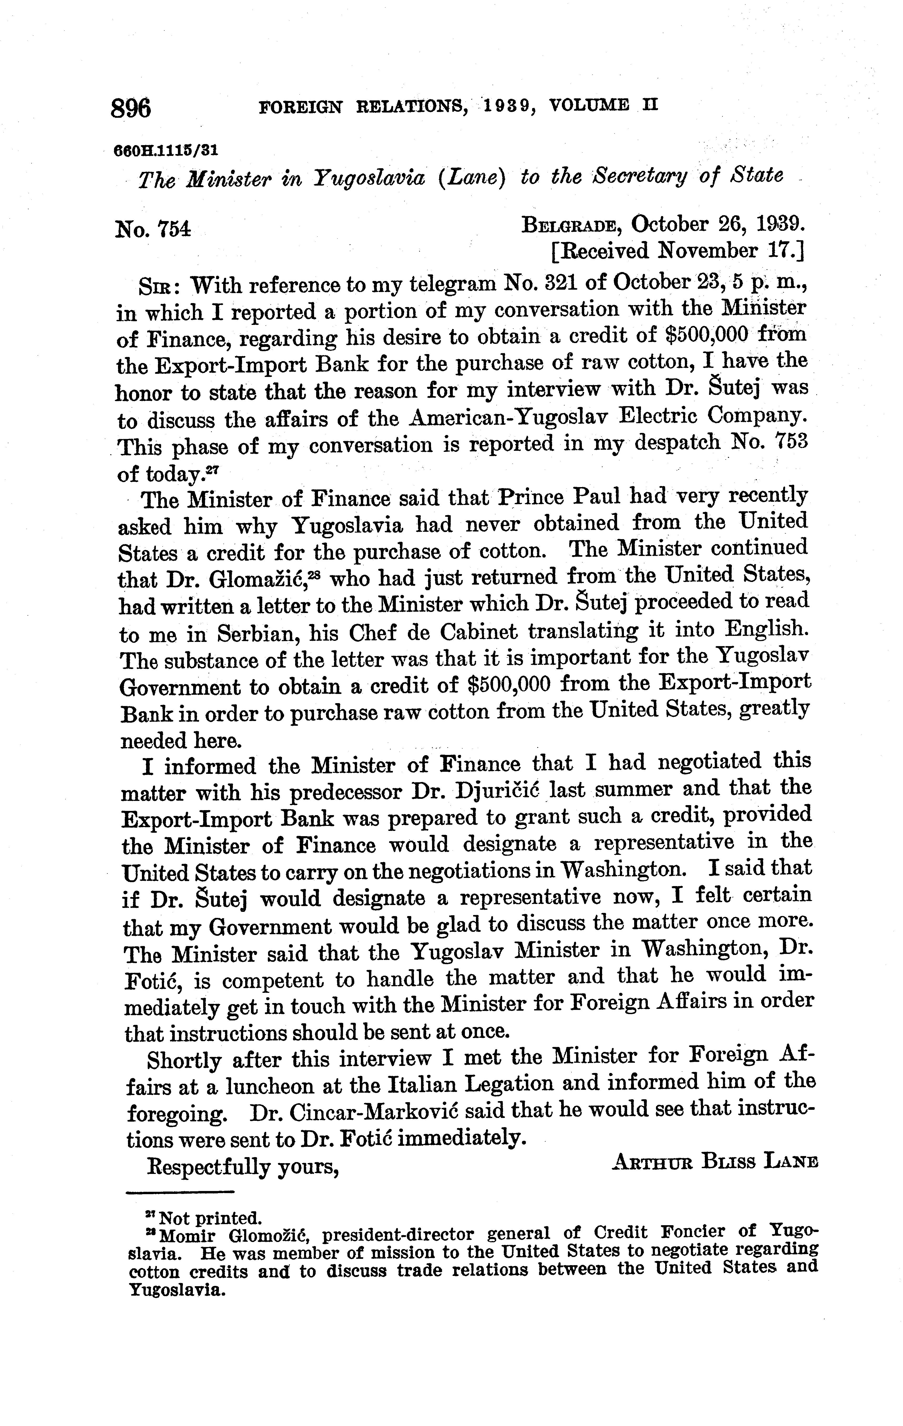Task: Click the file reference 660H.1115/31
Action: (x=166, y=150)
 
